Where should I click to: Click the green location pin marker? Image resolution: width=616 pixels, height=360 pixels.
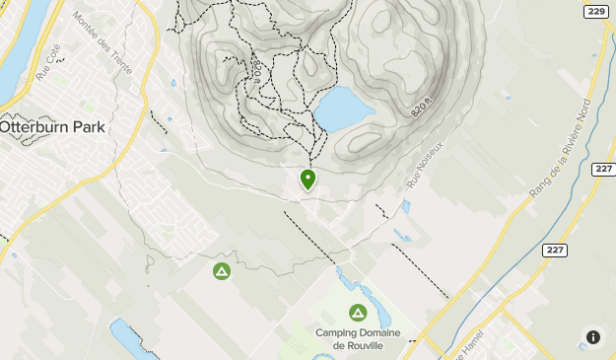(308, 180)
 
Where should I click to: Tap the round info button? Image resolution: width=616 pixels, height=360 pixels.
(593, 337)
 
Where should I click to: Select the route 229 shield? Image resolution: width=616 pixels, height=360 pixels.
(595, 11)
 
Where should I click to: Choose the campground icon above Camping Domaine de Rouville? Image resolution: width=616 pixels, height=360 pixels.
(357, 313)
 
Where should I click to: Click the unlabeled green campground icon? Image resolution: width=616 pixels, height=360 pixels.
(222, 270)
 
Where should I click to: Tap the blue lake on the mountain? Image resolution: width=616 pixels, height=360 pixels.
(340, 108)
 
